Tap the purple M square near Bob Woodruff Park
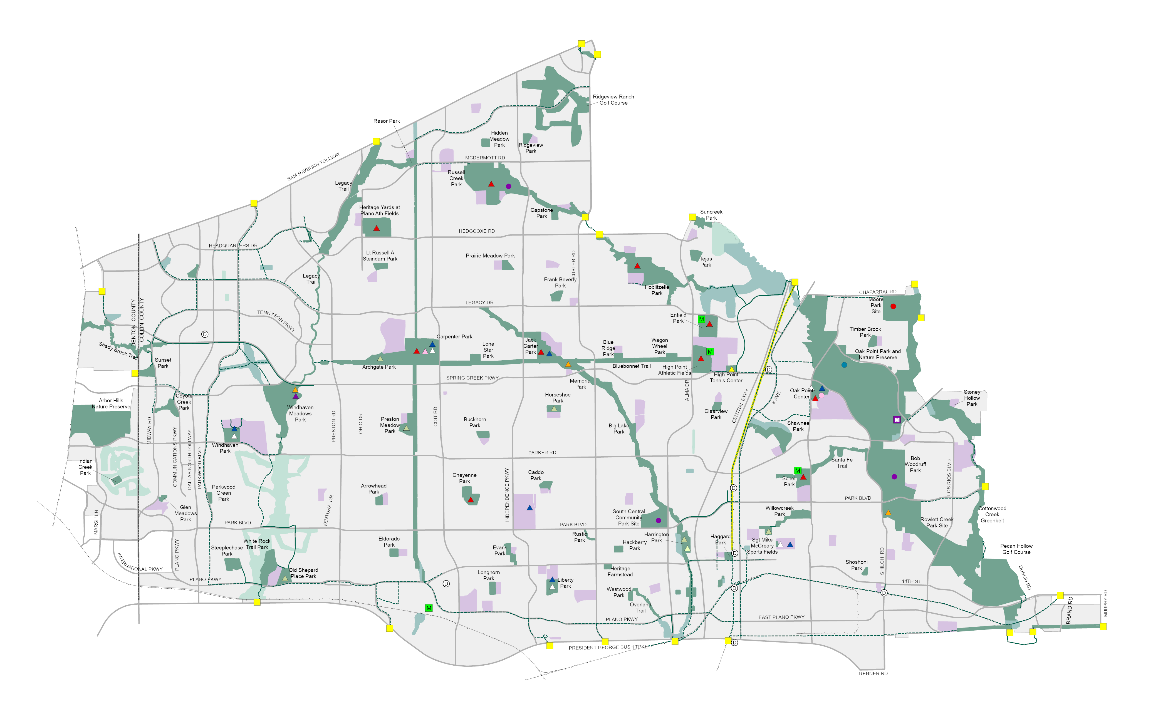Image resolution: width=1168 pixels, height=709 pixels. (x=896, y=420)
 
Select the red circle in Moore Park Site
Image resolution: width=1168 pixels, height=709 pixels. (x=893, y=306)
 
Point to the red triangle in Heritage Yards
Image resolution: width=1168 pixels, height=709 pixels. (x=376, y=228)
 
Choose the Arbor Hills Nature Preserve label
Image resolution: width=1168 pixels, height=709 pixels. (x=111, y=403)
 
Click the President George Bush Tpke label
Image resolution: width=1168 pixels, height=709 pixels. (x=608, y=647)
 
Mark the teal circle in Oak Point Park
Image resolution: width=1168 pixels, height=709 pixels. (x=844, y=365)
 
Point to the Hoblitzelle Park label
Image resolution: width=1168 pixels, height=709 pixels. (x=657, y=290)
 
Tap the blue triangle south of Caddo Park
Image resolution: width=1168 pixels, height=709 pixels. (x=529, y=508)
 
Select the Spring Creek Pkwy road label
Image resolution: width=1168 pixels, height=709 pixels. (x=472, y=378)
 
